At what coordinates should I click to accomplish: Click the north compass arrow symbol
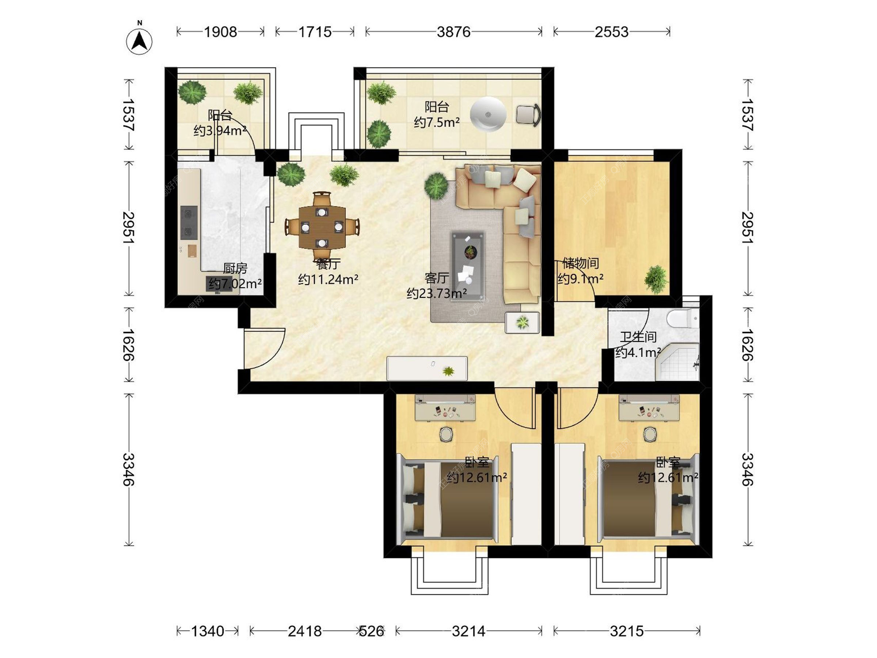(139, 41)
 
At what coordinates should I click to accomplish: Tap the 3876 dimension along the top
(453, 32)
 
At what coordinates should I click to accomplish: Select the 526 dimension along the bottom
(371, 631)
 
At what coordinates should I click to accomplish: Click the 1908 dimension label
(220, 32)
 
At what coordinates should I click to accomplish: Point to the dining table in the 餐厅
(322, 227)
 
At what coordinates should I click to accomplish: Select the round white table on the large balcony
(488, 114)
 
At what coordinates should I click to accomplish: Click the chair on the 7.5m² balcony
(528, 114)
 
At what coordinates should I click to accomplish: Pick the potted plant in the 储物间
(656, 279)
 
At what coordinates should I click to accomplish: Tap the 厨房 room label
(235, 268)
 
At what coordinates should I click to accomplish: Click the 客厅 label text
(436, 278)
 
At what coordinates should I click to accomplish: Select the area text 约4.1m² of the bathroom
(638, 352)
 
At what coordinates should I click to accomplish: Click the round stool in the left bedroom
(446, 434)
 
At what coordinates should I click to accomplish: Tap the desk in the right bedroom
(649, 408)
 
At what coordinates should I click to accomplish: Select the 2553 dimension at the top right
(611, 32)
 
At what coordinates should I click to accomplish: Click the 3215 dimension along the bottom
(627, 631)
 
